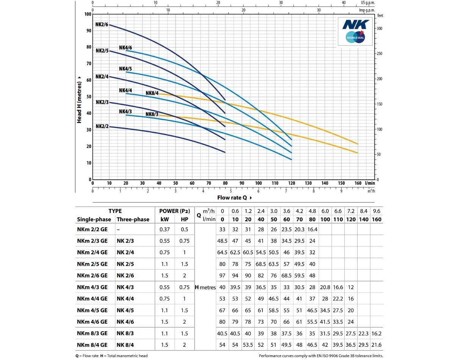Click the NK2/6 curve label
pyautogui.click(x=102, y=25)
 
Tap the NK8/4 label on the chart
pyautogui.click(x=152, y=94)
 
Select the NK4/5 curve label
pyautogui.click(x=126, y=69)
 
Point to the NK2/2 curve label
pyautogui.click(x=102, y=127)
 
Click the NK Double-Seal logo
pyautogui.click(x=355, y=31)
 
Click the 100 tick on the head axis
pyautogui.click(x=88, y=14)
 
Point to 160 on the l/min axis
pyautogui.click(x=358, y=183)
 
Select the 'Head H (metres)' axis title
pyautogui.click(x=79, y=99)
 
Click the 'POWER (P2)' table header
pyautogui.click(x=173, y=211)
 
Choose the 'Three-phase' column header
pyautogui.click(x=133, y=219)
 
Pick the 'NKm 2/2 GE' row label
pyautogui.click(x=92, y=230)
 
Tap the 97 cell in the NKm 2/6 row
pyautogui.click(x=223, y=275)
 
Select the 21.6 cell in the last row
pyautogui.click(x=377, y=344)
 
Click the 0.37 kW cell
pyautogui.click(x=165, y=230)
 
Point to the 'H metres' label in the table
pyautogui.click(x=205, y=287)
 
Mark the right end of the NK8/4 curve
pyautogui.click(x=358, y=144)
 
